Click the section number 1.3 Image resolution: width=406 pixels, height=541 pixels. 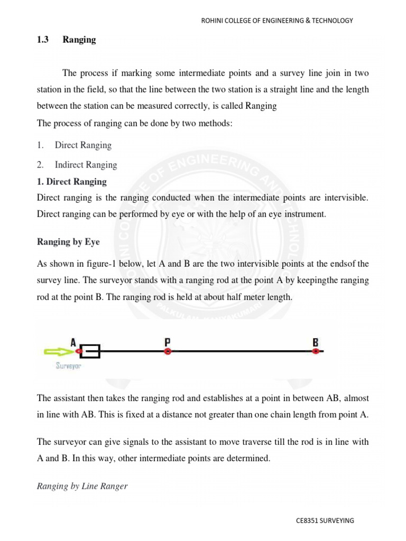click(43, 40)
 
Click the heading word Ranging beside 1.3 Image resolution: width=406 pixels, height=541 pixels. click(79, 40)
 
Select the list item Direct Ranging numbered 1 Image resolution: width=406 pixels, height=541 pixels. click(83, 145)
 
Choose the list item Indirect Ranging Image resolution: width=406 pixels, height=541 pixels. click(86, 165)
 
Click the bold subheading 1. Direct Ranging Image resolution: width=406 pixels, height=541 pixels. click(72, 182)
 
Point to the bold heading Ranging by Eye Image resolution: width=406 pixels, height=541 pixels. click(68, 242)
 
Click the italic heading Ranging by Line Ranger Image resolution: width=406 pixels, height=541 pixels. click(82, 486)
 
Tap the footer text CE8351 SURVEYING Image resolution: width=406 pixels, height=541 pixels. click(325, 520)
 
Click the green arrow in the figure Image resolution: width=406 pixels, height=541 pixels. click(58, 351)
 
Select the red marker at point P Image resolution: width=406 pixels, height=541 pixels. click(168, 351)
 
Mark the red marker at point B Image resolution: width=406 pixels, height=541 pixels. click(316, 351)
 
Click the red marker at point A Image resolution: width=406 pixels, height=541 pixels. click(78, 351)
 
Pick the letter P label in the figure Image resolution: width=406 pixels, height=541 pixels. click(168, 341)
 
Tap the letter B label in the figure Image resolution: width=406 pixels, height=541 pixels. click(316, 341)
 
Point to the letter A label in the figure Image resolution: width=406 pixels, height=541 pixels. click(74, 341)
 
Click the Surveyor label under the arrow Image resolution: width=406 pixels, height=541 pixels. click(69, 365)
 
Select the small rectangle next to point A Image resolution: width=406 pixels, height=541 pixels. click(90, 351)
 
